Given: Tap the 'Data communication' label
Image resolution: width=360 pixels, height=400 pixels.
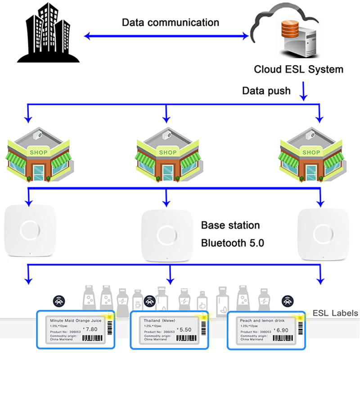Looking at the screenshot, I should click(171, 22).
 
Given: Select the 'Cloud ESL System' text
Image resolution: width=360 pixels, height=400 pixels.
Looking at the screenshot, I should click(298, 69).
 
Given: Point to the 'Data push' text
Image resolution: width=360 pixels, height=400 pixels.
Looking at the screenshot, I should click(266, 91).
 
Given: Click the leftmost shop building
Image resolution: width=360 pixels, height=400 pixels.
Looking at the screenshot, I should click(40, 155).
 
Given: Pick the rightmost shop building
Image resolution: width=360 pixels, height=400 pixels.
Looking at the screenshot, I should click(311, 155).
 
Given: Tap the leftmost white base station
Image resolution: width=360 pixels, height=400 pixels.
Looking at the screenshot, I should click(30, 231).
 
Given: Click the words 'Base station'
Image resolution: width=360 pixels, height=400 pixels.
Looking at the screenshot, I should click(230, 225).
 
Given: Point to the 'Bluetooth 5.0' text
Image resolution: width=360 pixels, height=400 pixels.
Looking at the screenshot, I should click(232, 243).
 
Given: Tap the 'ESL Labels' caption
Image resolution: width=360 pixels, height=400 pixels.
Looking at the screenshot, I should click(336, 313).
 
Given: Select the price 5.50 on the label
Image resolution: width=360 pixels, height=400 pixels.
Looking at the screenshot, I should click(185, 329).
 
